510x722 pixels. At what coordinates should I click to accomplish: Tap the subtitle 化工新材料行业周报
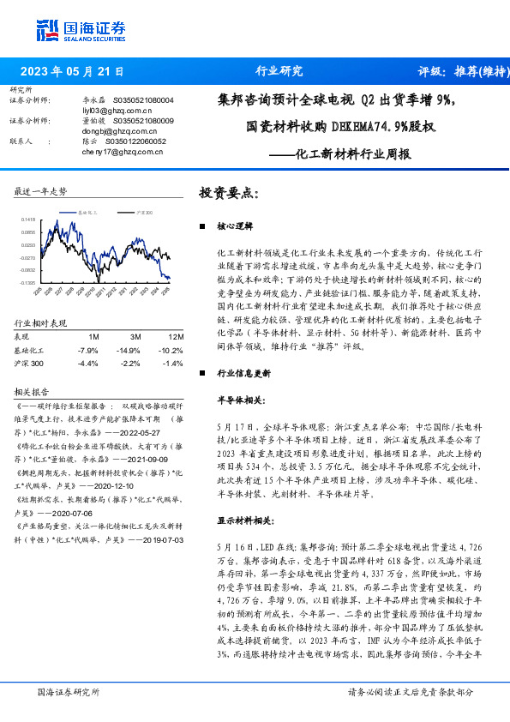coord(340,155)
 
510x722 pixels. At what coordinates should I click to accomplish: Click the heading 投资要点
coord(228,192)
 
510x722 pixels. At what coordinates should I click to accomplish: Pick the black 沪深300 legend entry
coord(143,209)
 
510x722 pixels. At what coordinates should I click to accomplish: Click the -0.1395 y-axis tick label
coord(28,281)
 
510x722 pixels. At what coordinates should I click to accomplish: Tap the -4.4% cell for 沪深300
coord(88,364)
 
